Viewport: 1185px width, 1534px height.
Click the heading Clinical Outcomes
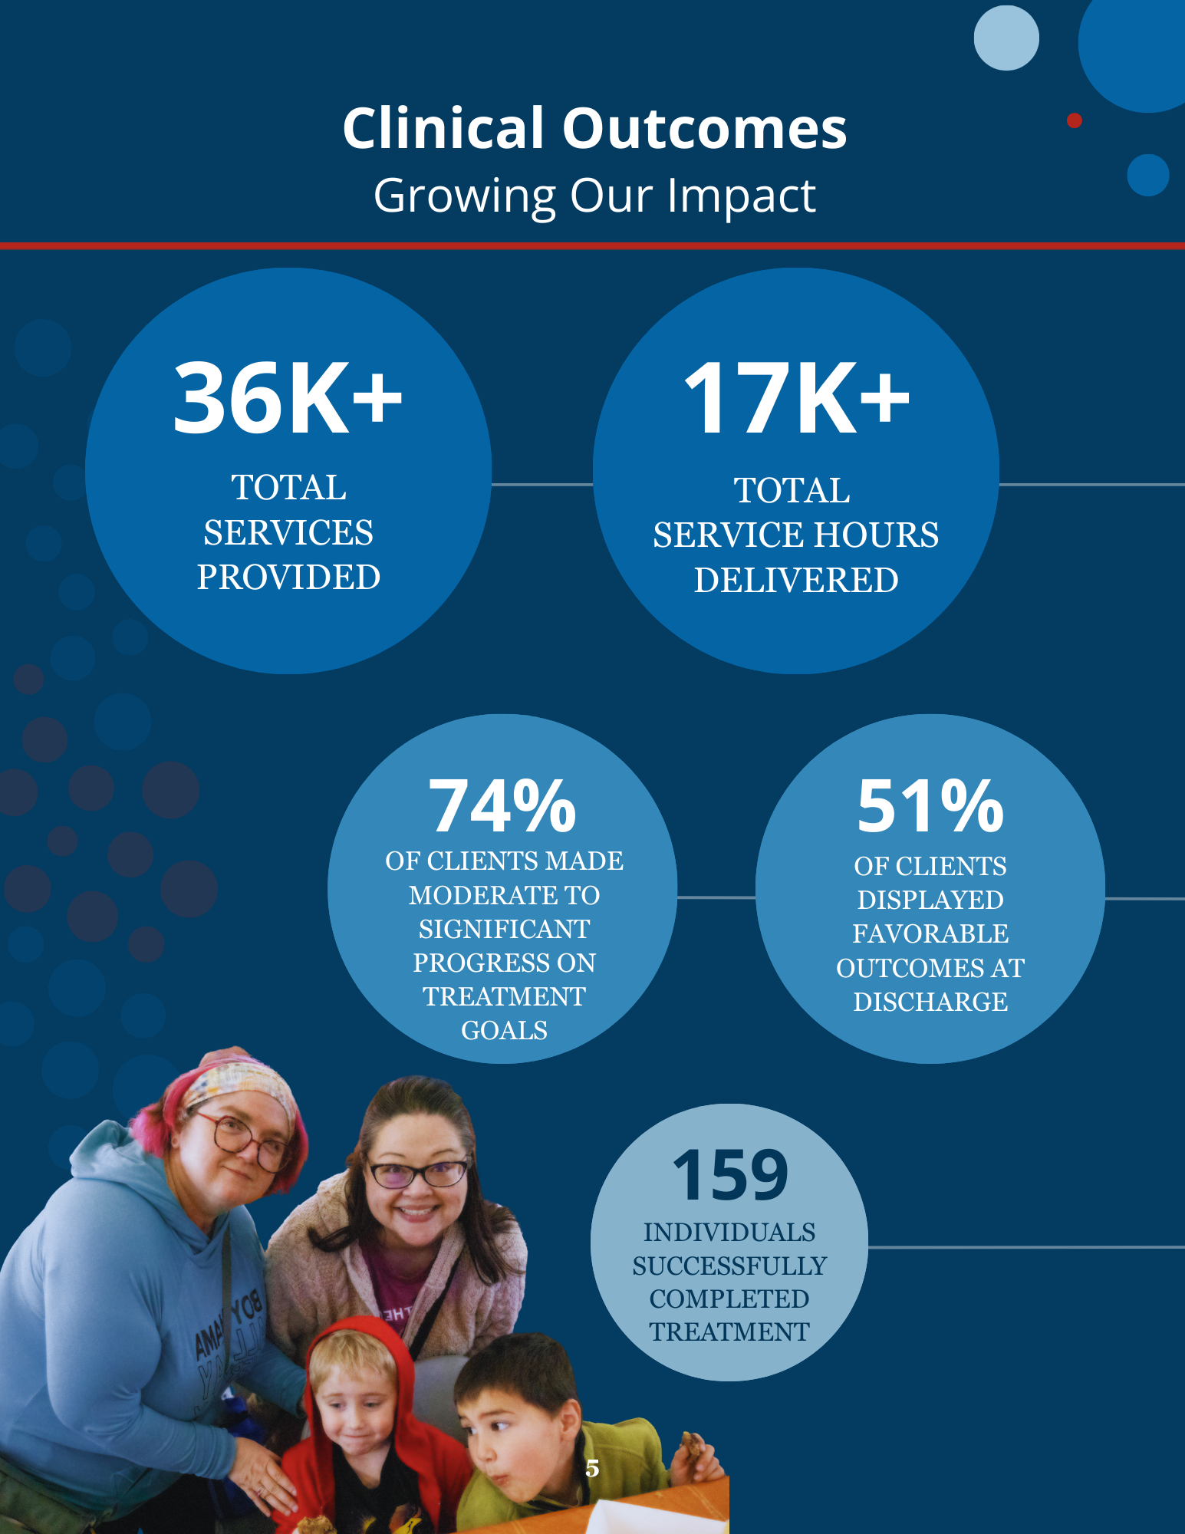point(594,128)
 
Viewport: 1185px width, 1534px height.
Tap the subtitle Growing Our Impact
point(594,196)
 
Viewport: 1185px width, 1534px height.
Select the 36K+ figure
point(288,399)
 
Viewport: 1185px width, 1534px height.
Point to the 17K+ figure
point(796,399)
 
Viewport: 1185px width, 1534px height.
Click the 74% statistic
point(502,806)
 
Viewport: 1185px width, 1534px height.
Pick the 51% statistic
point(930,806)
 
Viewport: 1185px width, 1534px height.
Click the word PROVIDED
point(288,578)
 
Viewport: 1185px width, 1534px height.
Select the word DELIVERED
point(796,581)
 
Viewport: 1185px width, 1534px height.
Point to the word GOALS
point(504,1030)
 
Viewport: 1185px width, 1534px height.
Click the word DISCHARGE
point(930,1002)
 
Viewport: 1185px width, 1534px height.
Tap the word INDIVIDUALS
point(729,1232)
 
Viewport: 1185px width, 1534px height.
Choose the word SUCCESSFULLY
point(729,1266)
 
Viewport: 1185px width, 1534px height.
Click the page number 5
point(592,1468)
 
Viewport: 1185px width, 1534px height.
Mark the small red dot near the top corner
point(1075,120)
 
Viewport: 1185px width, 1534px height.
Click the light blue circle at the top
point(1006,38)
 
